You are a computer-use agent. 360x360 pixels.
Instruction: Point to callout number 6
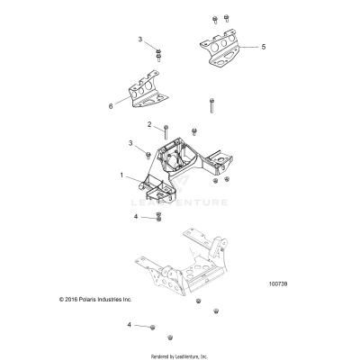tap(111, 105)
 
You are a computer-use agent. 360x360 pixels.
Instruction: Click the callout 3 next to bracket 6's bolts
tap(140, 40)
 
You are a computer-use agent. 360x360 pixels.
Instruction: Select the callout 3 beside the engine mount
tap(131, 143)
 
